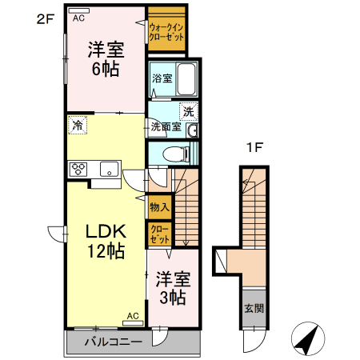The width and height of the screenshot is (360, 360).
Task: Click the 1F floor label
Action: pyautogui.click(x=254, y=147)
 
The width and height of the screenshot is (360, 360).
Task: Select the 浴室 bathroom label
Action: pyautogui.click(x=161, y=78)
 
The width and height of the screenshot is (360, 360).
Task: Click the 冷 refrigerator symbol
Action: pyautogui.click(x=78, y=125)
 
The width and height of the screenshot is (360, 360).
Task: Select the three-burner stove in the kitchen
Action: pyautogui.click(x=80, y=168)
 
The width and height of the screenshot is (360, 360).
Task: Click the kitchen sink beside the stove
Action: pyautogui.click(x=107, y=168)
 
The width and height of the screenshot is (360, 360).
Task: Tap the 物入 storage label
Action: pyautogui.click(x=158, y=207)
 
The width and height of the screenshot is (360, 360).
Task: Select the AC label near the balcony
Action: pyautogui.click(x=133, y=316)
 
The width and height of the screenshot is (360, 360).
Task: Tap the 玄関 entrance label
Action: pyautogui.click(x=253, y=309)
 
